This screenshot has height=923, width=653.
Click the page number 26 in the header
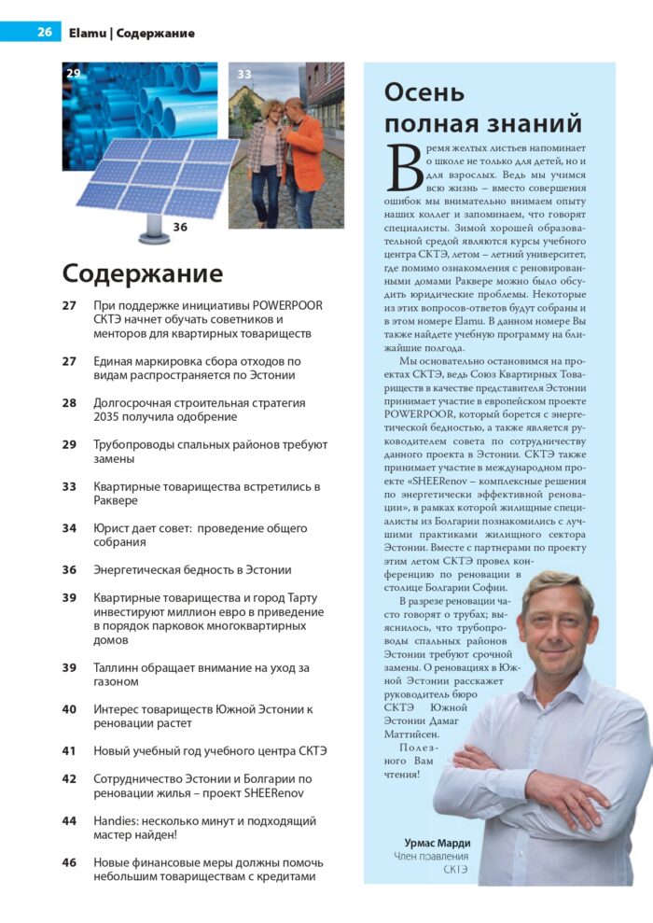point(44,33)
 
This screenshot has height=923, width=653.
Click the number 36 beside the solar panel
point(180,226)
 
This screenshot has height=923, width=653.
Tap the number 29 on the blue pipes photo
point(72,72)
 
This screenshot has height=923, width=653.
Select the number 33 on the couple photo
point(244,73)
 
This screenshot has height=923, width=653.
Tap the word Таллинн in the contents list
point(122,667)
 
